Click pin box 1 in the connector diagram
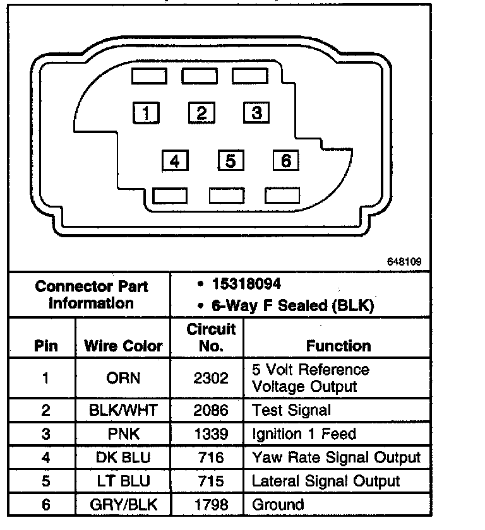coord(146,113)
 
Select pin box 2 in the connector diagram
coord(201,113)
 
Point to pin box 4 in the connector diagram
coord(174,161)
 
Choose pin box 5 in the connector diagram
coord(231,160)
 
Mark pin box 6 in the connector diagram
coord(285,160)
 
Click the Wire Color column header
coord(123,346)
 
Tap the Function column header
coord(338,346)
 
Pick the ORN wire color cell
coord(123,379)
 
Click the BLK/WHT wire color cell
coord(123,411)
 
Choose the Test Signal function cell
coord(291,411)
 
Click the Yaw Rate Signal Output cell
coord(336,457)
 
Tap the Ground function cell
coord(278,504)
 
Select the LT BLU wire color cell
coord(123,481)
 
